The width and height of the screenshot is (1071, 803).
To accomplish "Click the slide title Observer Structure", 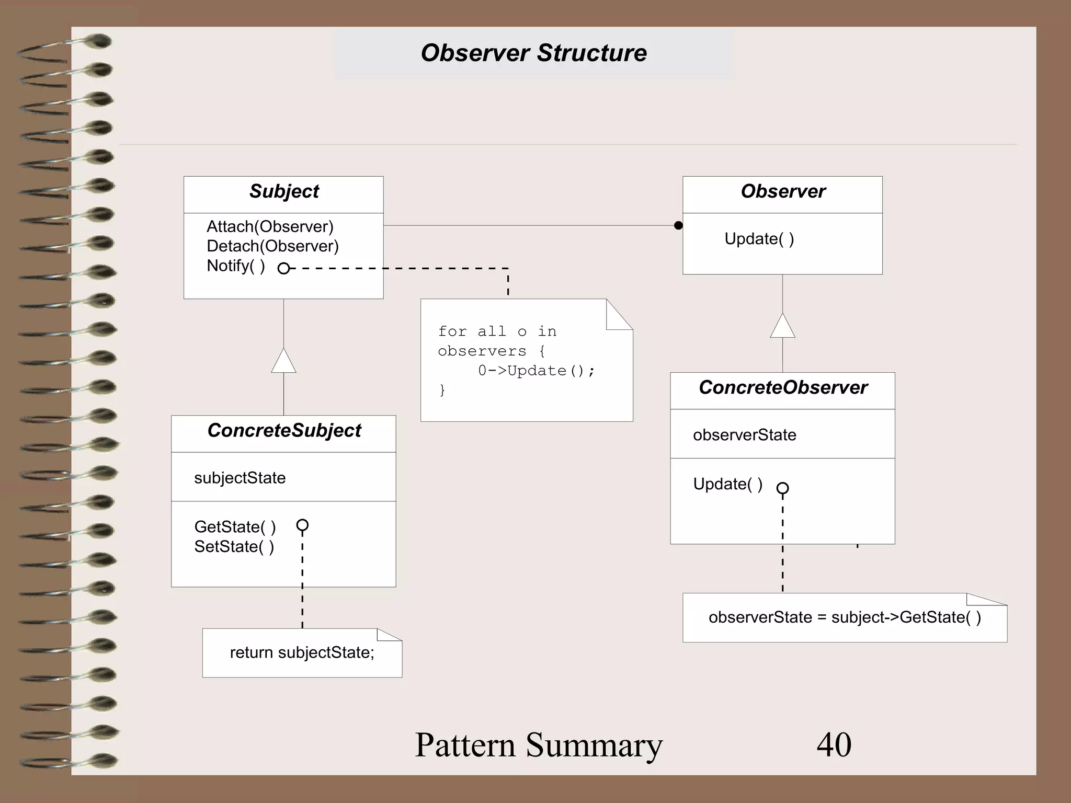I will click(x=533, y=53).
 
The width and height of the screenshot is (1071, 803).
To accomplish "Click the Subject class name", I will click(x=283, y=191).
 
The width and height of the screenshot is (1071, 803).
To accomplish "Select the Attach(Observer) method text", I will click(x=270, y=226).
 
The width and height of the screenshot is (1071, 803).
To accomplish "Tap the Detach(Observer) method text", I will click(x=272, y=246).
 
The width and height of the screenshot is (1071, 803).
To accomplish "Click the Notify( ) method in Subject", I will click(x=236, y=266).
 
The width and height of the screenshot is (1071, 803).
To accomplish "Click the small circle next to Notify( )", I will click(x=283, y=269).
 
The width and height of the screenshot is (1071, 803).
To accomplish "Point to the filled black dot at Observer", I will click(x=678, y=225).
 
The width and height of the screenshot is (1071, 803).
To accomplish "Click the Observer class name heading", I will click(x=783, y=191).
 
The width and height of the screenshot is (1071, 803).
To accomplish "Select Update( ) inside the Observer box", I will click(x=759, y=239).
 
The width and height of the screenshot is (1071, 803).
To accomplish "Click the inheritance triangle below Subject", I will click(x=283, y=361).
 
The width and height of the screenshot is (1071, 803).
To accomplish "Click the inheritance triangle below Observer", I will click(x=782, y=326).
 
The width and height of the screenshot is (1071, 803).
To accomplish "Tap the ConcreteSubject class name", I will click(x=284, y=431).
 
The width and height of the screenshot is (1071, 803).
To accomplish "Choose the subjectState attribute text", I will click(x=240, y=478).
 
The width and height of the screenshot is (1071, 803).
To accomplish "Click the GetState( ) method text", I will click(x=235, y=526).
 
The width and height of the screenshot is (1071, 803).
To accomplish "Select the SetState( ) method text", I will click(x=234, y=547).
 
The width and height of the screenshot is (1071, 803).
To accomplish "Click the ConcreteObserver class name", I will click(x=783, y=387).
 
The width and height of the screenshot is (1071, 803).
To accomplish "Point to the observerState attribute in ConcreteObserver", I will click(x=744, y=435).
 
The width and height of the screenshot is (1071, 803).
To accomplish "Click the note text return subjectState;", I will click(x=302, y=652).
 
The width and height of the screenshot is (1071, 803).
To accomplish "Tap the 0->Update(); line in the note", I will click(x=536, y=371).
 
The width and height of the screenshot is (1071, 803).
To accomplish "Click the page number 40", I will click(x=834, y=744).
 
